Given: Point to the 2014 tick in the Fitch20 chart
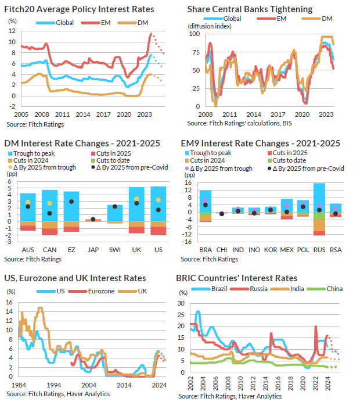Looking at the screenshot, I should pos(82,114).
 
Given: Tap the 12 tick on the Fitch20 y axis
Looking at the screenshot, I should pos(11,31).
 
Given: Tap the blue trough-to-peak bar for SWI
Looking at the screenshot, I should pos(115,212).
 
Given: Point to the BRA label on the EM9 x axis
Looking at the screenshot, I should pos(205,249).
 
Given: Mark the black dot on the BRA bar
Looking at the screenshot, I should pos(205,205).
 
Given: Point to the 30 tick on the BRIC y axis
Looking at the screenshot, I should pos(181,303).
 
